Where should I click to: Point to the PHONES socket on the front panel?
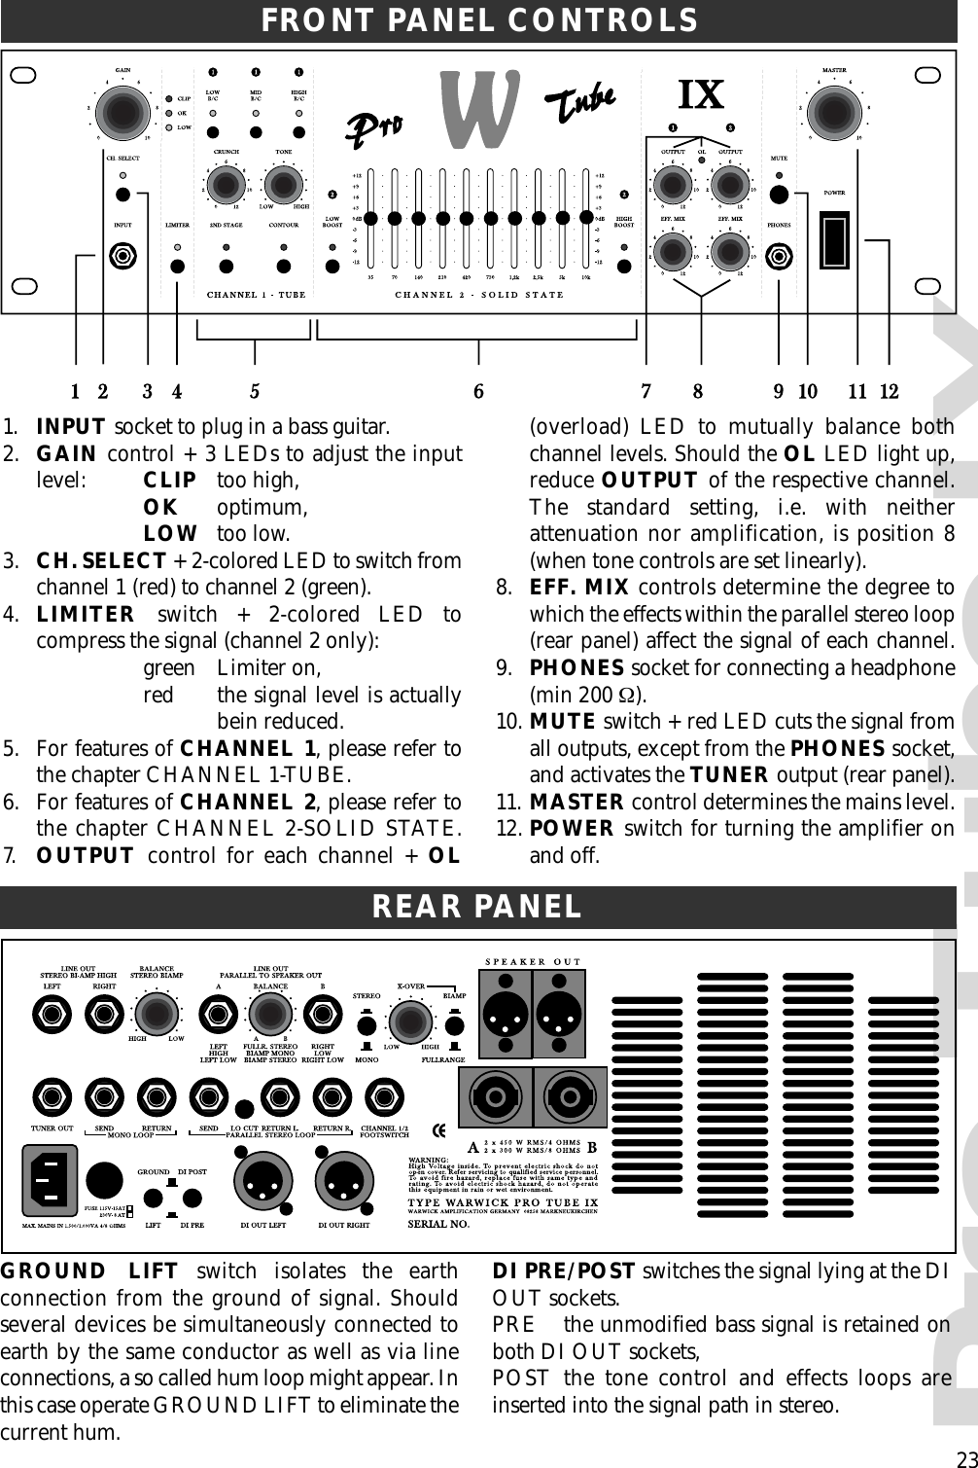click(x=778, y=258)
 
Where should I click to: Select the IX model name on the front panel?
click(x=700, y=95)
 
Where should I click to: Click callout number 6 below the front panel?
click(x=478, y=392)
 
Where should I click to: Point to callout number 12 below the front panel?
click(x=889, y=392)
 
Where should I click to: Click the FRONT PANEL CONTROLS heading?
click(x=479, y=20)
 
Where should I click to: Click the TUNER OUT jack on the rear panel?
click(x=52, y=1097)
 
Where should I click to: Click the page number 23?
click(x=965, y=1457)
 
